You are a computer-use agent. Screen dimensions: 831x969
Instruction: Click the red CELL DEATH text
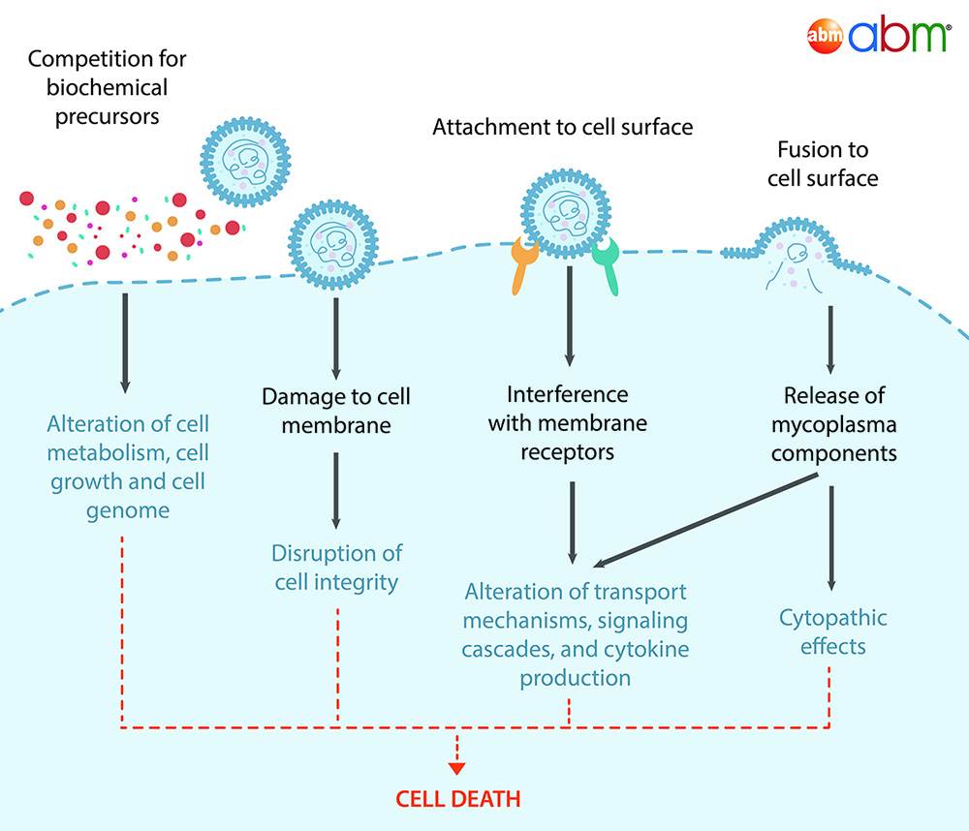[457, 799]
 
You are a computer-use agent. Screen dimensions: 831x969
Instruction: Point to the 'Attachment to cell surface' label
[562, 127]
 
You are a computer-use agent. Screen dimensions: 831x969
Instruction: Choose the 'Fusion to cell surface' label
[823, 164]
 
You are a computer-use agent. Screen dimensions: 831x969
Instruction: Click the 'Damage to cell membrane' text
[336, 411]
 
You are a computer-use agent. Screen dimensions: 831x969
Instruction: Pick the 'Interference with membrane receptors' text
[568, 423]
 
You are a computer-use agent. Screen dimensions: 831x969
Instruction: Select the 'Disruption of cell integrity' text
[336, 568]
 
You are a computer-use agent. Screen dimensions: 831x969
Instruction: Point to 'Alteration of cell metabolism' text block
[129, 467]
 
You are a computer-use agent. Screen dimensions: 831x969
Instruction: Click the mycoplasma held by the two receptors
[565, 214]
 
